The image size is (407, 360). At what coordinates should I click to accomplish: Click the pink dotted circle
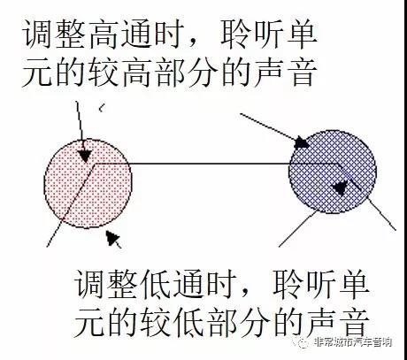(x=88, y=184)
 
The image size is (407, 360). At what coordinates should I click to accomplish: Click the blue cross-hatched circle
(x=333, y=172)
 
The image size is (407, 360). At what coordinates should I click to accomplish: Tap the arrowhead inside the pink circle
(x=85, y=157)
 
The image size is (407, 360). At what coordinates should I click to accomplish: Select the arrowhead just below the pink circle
(x=112, y=238)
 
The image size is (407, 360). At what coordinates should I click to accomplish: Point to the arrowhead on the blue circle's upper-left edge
(x=302, y=142)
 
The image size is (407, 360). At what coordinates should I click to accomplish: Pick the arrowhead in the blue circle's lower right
(x=339, y=188)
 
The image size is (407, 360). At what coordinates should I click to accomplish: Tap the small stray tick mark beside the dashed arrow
(x=102, y=108)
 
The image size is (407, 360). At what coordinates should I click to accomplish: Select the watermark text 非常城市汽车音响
(x=353, y=342)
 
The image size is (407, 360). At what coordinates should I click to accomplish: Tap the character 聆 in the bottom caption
(x=288, y=285)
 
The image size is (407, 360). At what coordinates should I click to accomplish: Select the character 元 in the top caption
(x=37, y=72)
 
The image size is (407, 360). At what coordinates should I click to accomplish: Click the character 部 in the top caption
(x=170, y=72)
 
